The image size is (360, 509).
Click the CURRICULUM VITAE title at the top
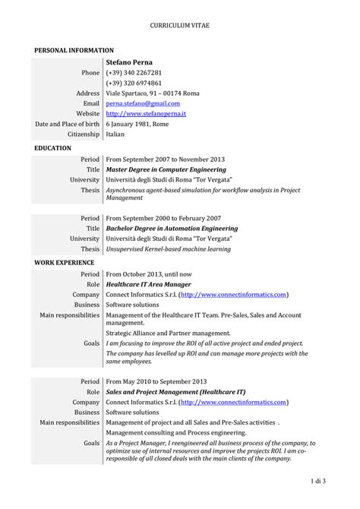click(180, 25)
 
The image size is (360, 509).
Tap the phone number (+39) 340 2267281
click(134, 72)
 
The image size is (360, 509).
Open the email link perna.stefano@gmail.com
click(143, 103)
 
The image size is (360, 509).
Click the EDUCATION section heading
click(53, 147)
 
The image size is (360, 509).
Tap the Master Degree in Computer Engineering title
click(166, 169)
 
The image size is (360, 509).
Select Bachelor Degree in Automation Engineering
click(172, 228)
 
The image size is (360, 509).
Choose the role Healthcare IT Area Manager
click(148, 283)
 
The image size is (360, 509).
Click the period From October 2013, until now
click(150, 273)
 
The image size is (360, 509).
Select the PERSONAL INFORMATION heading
click(74, 49)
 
